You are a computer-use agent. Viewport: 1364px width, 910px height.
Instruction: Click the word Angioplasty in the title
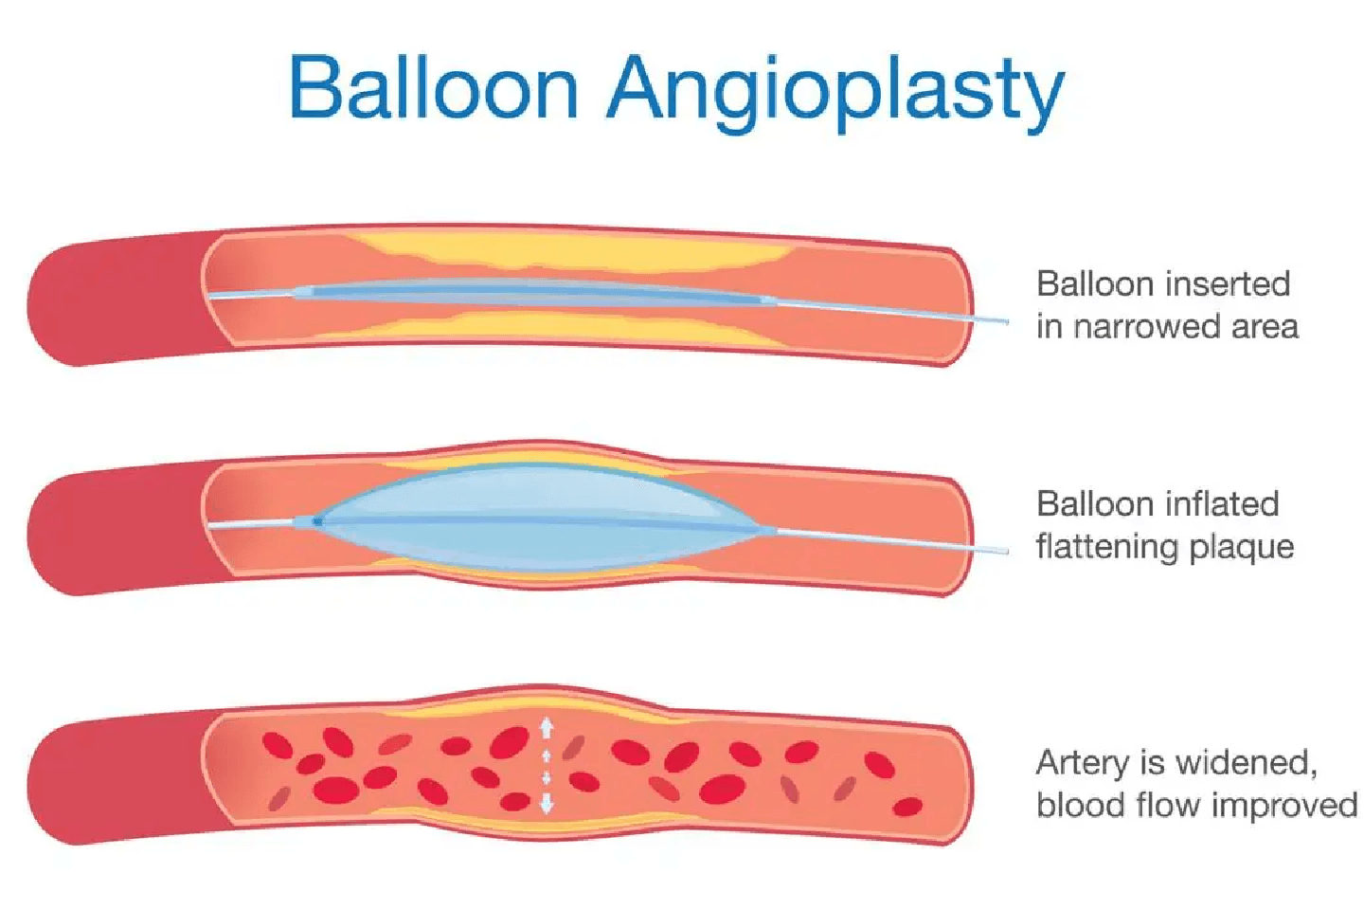click(x=836, y=92)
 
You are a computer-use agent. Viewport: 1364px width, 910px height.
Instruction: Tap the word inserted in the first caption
click(x=1228, y=283)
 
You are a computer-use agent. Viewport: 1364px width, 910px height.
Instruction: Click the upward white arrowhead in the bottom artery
click(x=547, y=727)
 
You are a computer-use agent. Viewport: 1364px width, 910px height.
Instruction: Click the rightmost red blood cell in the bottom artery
click(x=907, y=807)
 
